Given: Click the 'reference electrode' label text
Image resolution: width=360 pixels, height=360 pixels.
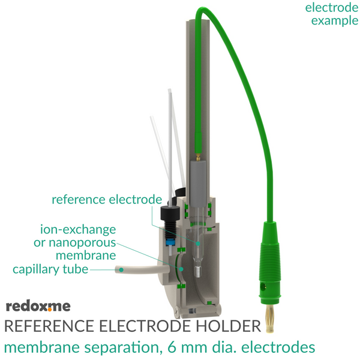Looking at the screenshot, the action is coord(107,199).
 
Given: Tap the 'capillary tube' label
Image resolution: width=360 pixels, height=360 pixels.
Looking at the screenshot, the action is coord(50,269).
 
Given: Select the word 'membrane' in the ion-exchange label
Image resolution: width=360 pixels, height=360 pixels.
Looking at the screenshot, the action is coord(86,255).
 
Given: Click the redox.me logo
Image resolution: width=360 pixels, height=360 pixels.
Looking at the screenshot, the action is coord(38,306).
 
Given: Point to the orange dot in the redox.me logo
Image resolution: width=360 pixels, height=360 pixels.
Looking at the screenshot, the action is coord(50,310).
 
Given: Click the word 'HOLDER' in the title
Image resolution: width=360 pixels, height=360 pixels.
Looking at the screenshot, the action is coord(228,326).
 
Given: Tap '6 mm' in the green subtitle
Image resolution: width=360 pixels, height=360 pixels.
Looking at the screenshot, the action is coord(188,347).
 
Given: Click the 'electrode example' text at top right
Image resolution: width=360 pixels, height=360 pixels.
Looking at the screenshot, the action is coord(332,14).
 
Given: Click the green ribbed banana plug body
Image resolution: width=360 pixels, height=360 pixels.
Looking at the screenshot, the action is coord(270,262).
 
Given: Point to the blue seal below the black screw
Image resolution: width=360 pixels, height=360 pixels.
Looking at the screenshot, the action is coord(170,241).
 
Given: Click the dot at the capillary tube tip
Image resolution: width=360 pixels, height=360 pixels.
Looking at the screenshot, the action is coord(121,270).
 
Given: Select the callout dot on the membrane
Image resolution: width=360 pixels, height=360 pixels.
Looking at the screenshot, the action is coord(181,269).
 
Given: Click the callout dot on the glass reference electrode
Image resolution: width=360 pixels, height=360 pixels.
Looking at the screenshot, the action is coord(197,244).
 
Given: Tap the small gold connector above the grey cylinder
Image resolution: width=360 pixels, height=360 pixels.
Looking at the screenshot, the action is coord(197,157).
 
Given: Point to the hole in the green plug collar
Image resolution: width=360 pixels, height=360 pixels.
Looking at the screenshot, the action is coord(263,286).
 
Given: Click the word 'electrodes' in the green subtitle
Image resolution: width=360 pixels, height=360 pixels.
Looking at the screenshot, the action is coord(278,347).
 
